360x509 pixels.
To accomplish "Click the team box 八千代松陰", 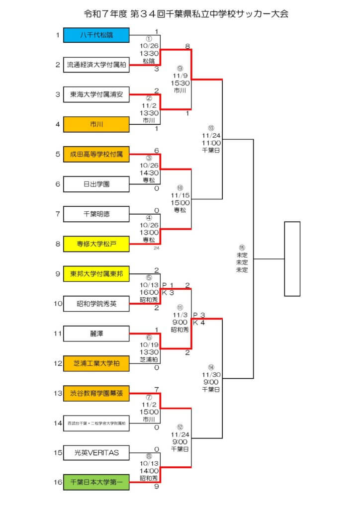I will point(96,35).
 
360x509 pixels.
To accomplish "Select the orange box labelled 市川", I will point(96,124).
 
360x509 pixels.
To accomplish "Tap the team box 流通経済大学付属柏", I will point(96,65).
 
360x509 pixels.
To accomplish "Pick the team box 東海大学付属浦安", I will point(96,94).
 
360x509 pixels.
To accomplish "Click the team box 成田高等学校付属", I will point(96,155).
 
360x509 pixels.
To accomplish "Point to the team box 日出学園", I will point(96,184).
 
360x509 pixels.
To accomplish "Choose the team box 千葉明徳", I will point(96,214).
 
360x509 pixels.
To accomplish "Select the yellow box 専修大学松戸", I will point(96,244).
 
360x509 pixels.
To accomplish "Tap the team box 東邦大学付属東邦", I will point(96,274).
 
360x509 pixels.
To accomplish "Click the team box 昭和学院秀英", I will point(96,303).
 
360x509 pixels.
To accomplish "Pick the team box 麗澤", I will point(96,333).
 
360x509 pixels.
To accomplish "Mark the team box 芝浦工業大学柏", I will point(96,363).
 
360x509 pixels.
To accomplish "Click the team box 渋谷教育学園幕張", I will point(96,393).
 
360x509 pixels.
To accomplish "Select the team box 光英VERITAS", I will point(96,453).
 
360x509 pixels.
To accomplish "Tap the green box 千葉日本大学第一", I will point(96,482).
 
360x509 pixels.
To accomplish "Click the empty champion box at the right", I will point(292,258).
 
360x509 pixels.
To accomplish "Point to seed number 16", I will point(57,482).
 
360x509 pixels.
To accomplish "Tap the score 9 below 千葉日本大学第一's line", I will point(157,487).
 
